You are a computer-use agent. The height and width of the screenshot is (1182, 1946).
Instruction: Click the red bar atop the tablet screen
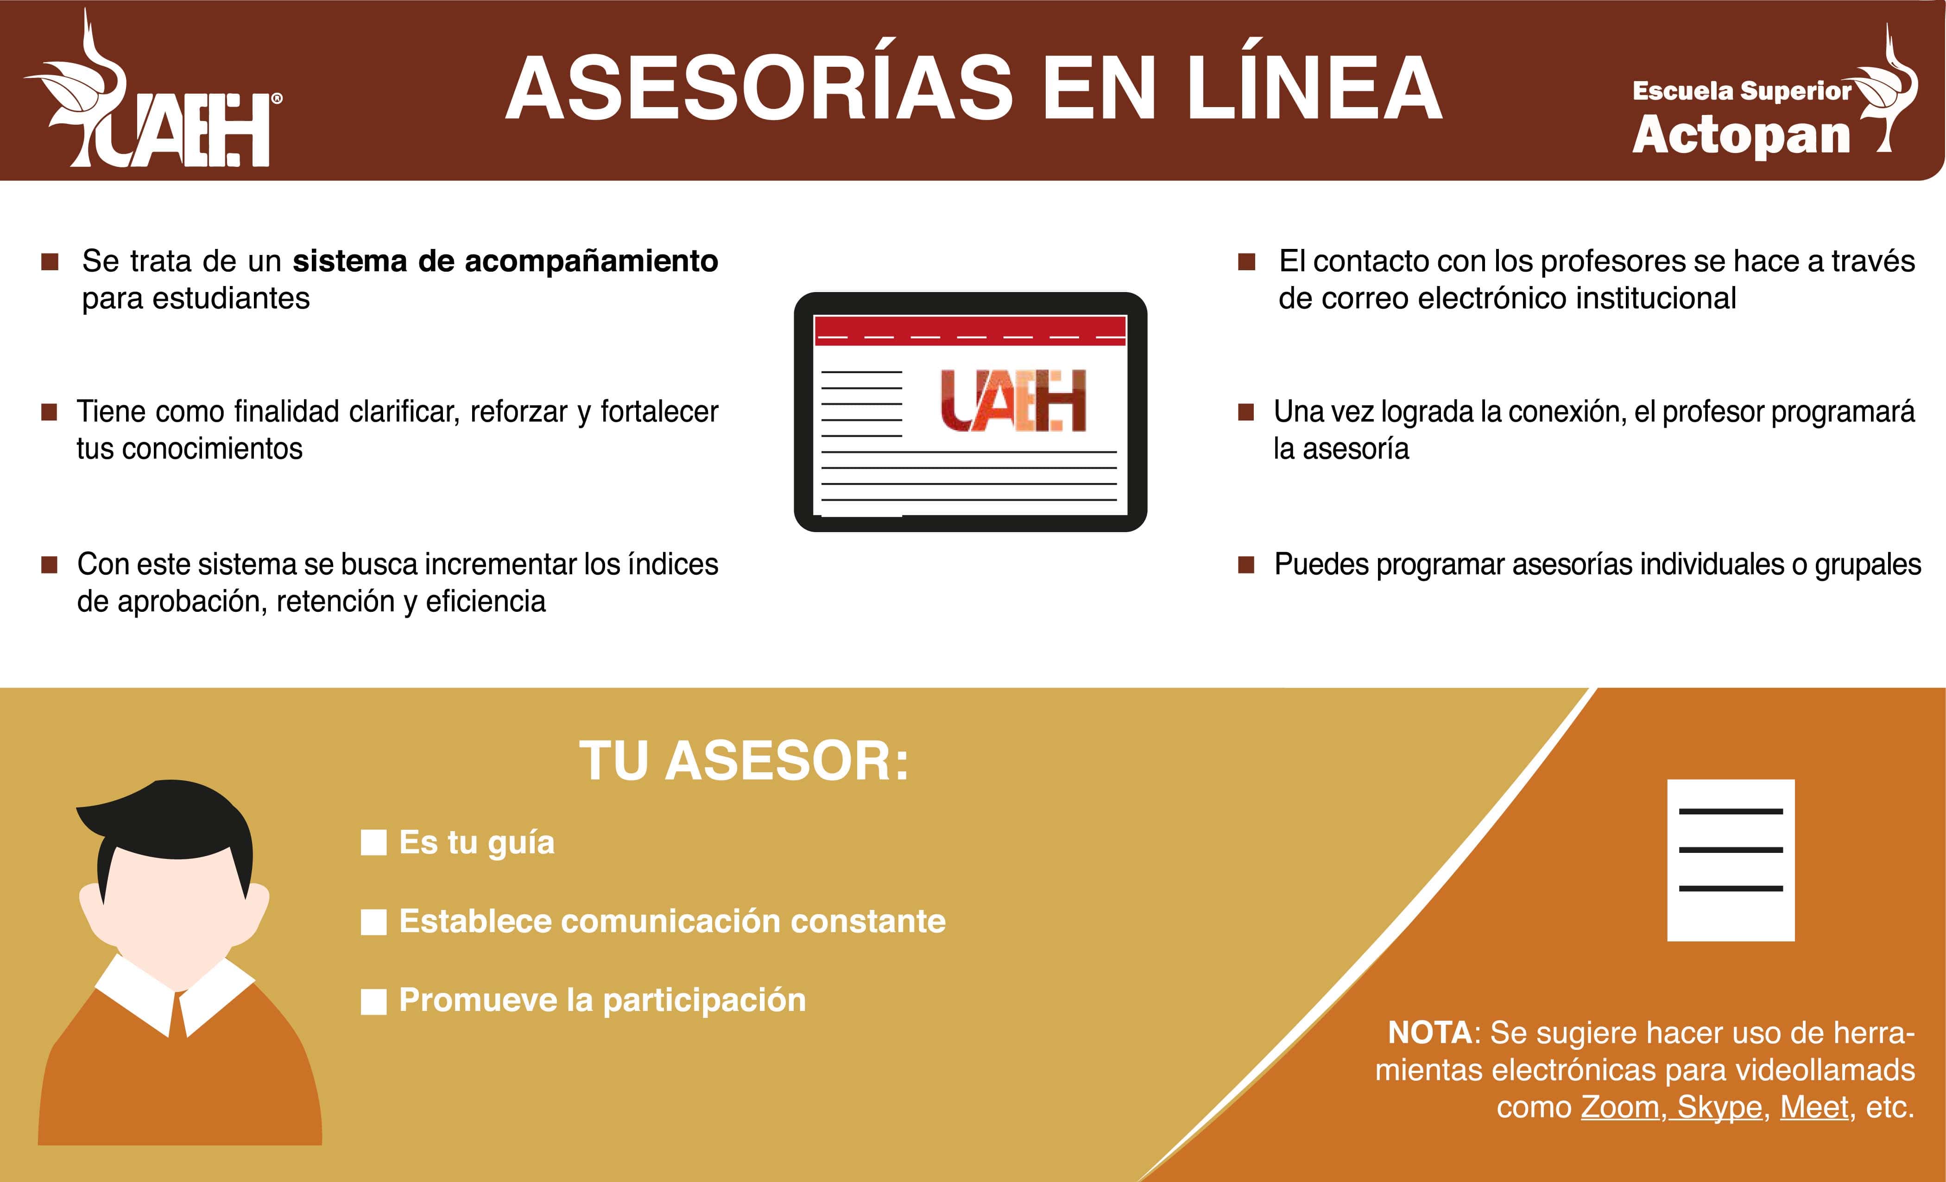pyautogui.click(x=970, y=330)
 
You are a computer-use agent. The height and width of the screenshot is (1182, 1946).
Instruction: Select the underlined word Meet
pyautogui.click(x=1814, y=1107)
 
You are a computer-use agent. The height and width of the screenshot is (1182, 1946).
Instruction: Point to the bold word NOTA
pyautogui.click(x=1429, y=1033)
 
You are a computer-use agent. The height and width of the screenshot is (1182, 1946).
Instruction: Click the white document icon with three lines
pyautogui.click(x=1731, y=860)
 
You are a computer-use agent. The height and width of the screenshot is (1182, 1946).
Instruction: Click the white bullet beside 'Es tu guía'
pyautogui.click(x=373, y=843)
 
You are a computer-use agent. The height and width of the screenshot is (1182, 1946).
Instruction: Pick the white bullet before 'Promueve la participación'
pyautogui.click(x=373, y=1001)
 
